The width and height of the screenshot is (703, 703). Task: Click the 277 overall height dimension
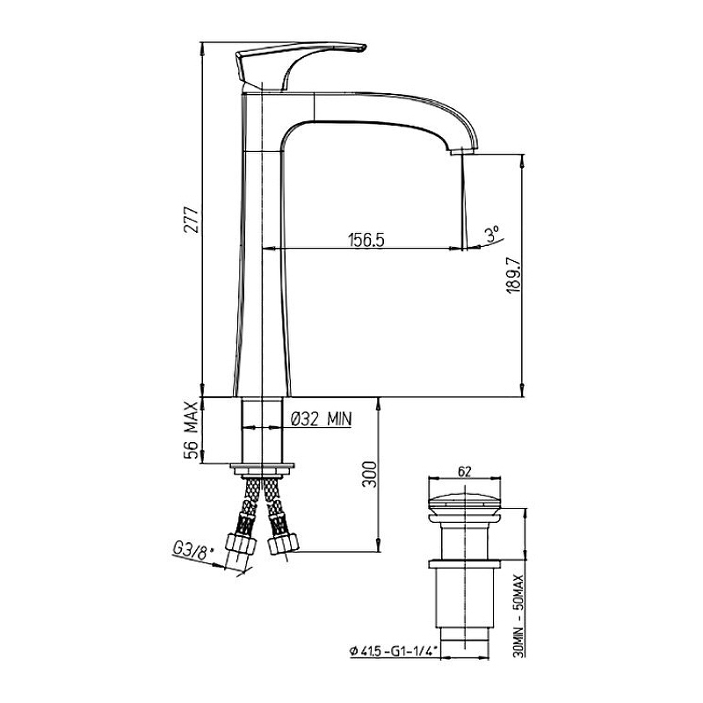point(192,220)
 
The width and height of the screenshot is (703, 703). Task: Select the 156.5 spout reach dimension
point(366,240)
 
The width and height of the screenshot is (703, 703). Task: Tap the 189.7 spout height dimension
point(512,276)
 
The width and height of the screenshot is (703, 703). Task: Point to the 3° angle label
point(492,234)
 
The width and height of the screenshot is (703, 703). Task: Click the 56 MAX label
point(192,431)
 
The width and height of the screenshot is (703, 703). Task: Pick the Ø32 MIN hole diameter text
point(321,419)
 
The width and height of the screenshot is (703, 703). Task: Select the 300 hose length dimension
point(370,474)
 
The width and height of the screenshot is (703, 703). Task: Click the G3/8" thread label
point(192,551)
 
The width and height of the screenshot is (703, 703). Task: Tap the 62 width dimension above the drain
point(465,471)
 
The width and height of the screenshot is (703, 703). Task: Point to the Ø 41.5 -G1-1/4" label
point(394,650)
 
